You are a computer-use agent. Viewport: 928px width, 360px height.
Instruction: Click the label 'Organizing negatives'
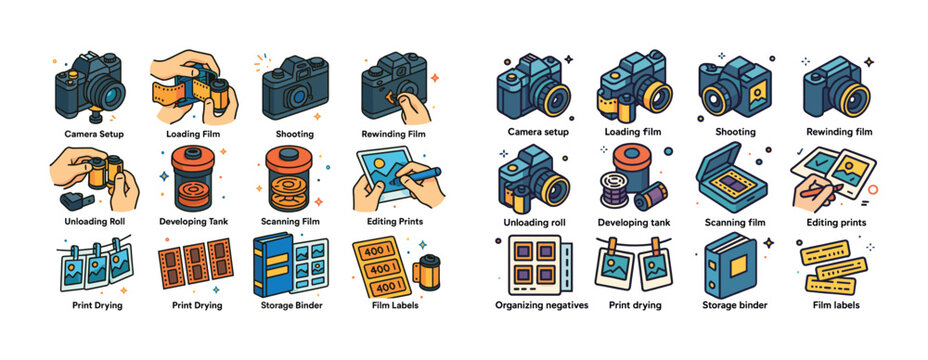541,305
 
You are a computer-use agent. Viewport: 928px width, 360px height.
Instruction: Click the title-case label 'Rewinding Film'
393,133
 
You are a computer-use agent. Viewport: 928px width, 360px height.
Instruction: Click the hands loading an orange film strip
193,87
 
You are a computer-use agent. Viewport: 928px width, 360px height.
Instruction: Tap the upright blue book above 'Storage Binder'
271,265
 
